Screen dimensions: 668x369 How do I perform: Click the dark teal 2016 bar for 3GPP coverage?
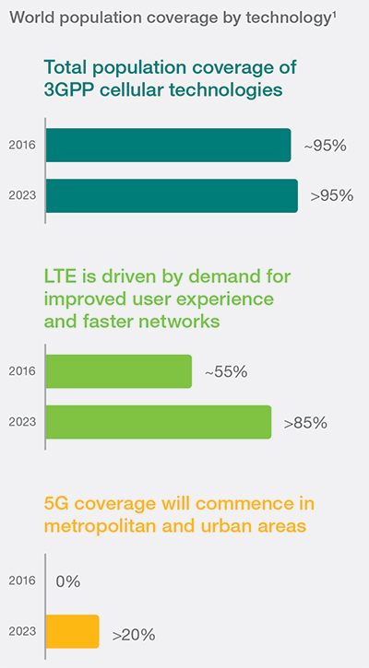point(168,146)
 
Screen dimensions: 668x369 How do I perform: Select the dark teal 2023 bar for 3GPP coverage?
point(172,195)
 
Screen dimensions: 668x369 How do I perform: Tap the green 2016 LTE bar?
point(118,371)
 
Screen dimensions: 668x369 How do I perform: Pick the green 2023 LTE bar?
point(158,422)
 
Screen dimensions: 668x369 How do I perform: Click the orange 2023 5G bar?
point(72,633)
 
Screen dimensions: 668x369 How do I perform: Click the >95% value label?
point(331,195)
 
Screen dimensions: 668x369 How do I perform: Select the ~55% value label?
point(226,372)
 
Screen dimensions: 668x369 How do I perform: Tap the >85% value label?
point(305,423)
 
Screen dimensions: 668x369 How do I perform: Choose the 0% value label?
point(67,581)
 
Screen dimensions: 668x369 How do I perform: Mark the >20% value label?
point(133,634)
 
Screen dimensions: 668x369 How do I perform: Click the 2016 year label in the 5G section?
point(22,581)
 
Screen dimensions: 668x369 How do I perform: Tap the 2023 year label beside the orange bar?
point(22,633)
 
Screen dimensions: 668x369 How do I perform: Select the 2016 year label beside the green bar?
point(22,371)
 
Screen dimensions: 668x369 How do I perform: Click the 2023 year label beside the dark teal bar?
point(22,195)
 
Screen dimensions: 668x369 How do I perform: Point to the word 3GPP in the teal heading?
point(76,89)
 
